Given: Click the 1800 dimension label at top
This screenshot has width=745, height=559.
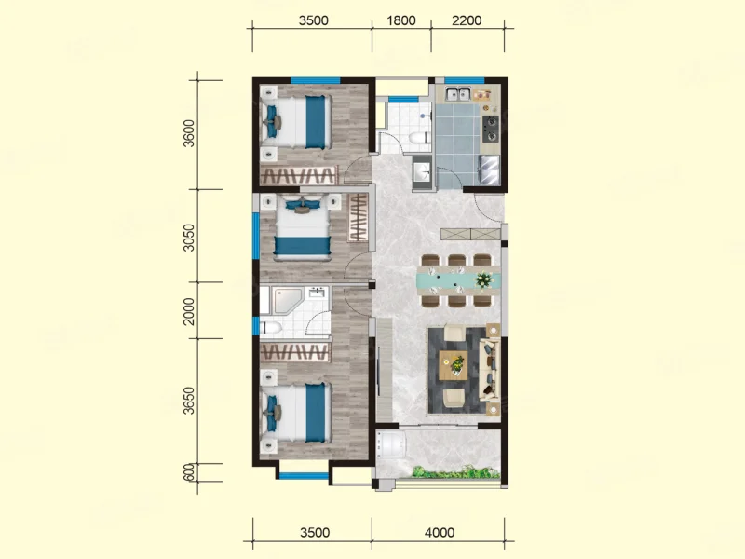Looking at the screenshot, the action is (x=401, y=20).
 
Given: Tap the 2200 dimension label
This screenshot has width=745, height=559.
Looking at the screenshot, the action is (x=467, y=20).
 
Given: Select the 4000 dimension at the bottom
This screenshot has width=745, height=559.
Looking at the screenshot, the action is (x=439, y=532).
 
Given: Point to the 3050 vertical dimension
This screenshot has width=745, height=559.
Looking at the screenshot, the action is (x=189, y=238).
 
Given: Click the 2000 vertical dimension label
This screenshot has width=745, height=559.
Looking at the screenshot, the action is (x=189, y=311).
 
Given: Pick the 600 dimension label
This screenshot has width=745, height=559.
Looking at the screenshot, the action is (x=189, y=472).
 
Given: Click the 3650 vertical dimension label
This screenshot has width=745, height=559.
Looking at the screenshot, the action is (x=189, y=401).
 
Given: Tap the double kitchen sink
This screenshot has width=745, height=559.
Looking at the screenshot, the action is (x=458, y=94).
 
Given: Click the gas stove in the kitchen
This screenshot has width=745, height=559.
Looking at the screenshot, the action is (x=491, y=129).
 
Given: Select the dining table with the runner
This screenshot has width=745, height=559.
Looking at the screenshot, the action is (x=458, y=280).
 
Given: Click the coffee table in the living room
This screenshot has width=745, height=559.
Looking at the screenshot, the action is (x=454, y=365).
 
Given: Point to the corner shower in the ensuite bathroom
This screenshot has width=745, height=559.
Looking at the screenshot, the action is (x=288, y=300).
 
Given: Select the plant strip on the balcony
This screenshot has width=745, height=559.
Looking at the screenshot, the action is (x=455, y=472).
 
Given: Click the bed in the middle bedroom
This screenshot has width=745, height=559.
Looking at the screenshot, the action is (x=302, y=228).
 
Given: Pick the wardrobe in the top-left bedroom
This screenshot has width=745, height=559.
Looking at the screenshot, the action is (x=299, y=175).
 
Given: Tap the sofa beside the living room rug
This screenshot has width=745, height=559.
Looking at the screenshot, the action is (x=490, y=370).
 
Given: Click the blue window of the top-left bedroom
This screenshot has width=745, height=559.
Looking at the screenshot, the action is (x=316, y=80).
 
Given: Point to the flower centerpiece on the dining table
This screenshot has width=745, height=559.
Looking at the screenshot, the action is (x=484, y=279).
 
